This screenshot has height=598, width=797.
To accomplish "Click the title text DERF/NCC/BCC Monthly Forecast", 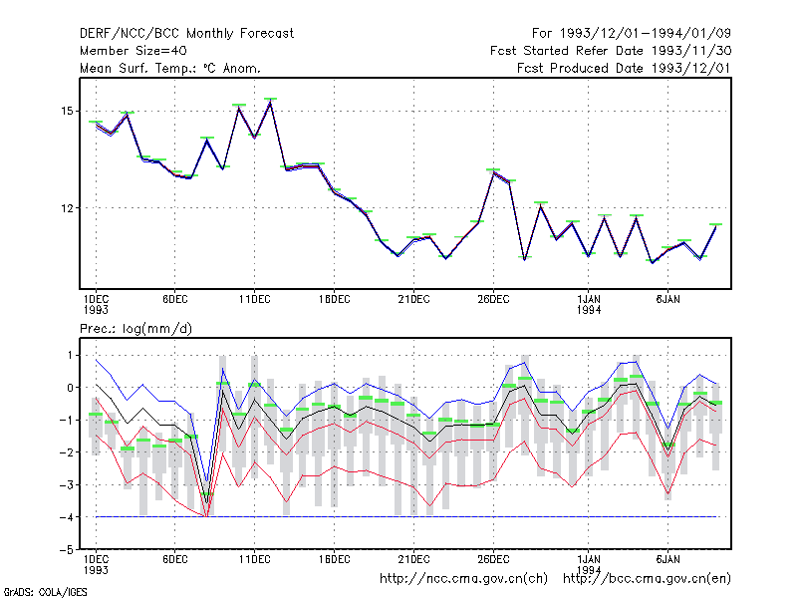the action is tap(186, 34).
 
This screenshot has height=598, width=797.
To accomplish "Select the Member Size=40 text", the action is tap(133, 51).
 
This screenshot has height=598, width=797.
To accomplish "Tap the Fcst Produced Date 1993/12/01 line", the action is tap(624, 68).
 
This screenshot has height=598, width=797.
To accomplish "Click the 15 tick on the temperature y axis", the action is tap(67, 111).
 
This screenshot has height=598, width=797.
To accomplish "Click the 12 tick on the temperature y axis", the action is tap(67, 208).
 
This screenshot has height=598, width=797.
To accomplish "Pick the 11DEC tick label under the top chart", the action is tap(255, 299).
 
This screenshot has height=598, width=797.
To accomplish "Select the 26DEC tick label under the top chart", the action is tap(493, 299).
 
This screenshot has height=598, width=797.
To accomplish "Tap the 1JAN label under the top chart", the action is tap(589, 299).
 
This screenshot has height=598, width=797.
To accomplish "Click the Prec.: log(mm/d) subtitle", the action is tap(135, 329).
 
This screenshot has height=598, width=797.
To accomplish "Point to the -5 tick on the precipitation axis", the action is tap(66, 550).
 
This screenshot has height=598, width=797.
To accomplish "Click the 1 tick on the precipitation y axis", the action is tap(70, 355).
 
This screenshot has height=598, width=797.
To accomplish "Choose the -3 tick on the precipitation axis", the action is tap(66, 484).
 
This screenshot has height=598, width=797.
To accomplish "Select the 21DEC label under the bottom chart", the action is tap(413, 559).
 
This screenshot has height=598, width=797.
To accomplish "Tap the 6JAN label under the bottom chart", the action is tap(667, 559).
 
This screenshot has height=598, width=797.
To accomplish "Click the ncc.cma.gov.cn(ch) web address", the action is tap(463, 579).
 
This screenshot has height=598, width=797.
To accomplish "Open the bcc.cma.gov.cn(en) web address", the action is tap(647, 579).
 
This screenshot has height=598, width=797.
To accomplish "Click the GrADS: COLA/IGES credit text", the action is tap(45, 592).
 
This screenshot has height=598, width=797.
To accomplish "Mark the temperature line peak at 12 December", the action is tap(270, 103).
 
